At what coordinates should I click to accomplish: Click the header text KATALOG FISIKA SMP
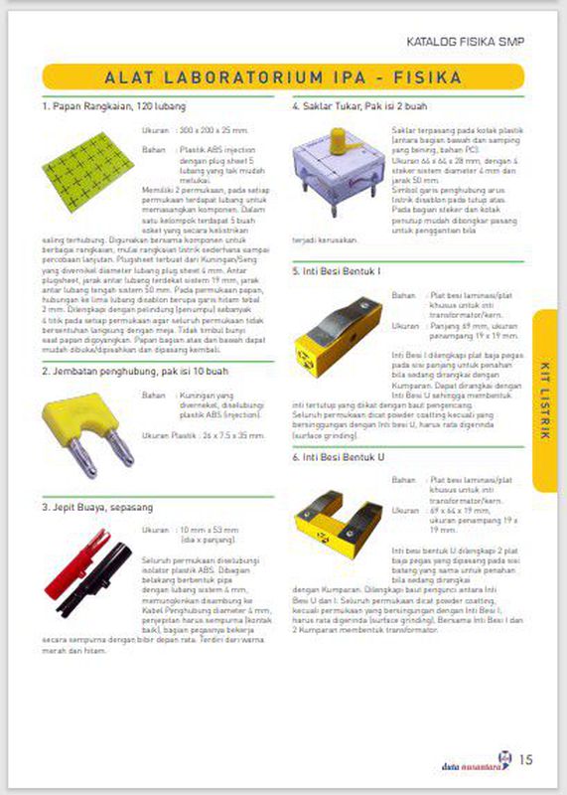tap(466, 43)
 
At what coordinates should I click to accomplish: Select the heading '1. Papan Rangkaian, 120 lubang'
tap(114, 105)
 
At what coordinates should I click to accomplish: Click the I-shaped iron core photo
tap(339, 341)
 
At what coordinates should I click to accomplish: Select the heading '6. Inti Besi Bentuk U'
tap(341, 457)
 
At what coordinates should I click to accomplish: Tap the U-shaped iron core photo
tap(339, 515)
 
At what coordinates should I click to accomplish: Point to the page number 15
tap(526, 760)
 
